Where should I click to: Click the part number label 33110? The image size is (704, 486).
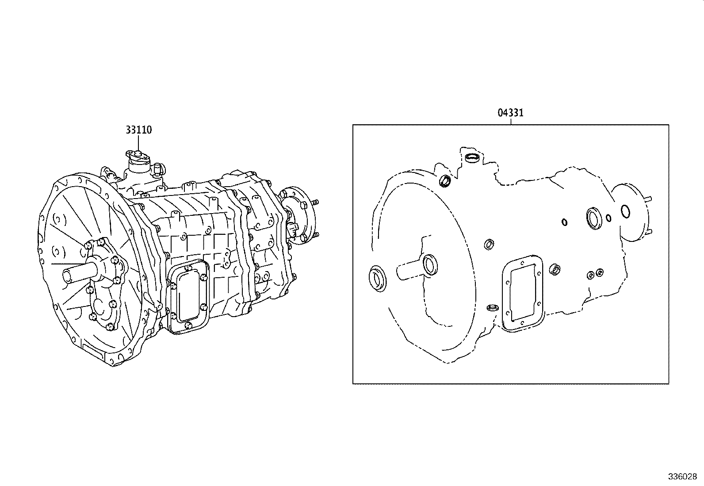click(138, 130)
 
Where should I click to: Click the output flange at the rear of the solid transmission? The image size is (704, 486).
click(301, 217)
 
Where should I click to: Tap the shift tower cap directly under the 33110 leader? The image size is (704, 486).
click(138, 153)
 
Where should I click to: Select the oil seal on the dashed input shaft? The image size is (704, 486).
click(430, 265)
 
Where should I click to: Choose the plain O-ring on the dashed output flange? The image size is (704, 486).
click(626, 211)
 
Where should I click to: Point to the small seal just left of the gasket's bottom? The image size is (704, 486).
click(491, 308)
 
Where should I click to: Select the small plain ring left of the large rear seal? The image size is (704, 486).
click(564, 222)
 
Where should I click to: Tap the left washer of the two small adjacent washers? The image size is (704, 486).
click(590, 275)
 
